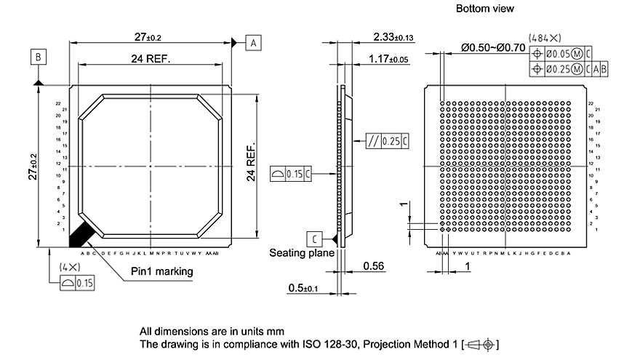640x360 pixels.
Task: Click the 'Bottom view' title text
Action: click(484, 9)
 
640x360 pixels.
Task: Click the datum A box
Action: click(254, 42)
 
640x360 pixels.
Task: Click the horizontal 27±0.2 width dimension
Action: click(148, 37)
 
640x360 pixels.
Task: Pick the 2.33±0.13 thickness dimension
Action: click(393, 37)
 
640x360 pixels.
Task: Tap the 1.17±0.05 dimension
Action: click(389, 58)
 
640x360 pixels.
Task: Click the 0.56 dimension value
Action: click(372, 267)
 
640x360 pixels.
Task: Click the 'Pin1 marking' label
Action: click(161, 271)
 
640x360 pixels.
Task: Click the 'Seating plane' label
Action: click(302, 253)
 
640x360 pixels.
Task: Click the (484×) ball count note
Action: click(545, 37)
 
